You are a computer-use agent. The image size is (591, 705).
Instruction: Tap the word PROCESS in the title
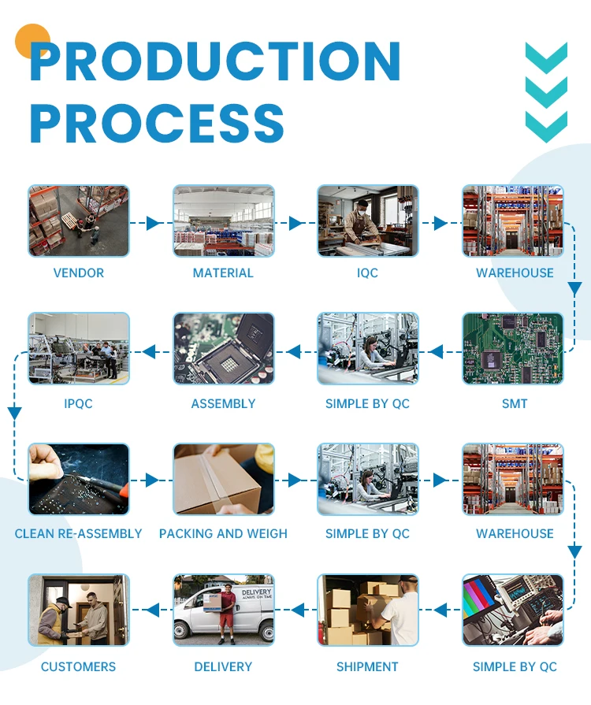pyautogui.click(x=157, y=123)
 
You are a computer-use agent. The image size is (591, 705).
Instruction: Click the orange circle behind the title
pyautogui.click(x=32, y=42)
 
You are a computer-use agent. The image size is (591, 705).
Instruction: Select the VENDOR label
pyautogui.click(x=79, y=273)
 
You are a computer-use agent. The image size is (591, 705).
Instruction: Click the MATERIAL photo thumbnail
pyautogui.click(x=224, y=221)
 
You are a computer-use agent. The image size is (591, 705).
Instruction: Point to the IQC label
pyautogui.click(x=367, y=273)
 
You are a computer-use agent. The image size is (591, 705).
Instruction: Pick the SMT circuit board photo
pyautogui.click(x=513, y=349)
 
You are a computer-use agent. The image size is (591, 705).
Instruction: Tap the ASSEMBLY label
pyautogui.click(x=224, y=404)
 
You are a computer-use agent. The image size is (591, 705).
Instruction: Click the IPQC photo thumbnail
pyautogui.click(x=79, y=349)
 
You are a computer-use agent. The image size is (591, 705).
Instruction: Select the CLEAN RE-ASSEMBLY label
pyautogui.click(x=79, y=534)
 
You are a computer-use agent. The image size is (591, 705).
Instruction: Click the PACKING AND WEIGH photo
pyautogui.click(x=224, y=479)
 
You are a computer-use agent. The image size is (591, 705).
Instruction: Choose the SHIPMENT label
pyautogui.click(x=367, y=667)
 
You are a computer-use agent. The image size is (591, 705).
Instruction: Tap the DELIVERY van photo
pyautogui.click(x=224, y=610)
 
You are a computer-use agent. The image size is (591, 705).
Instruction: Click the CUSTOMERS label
pyautogui.click(x=79, y=667)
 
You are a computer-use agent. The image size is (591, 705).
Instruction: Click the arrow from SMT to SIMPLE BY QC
pyautogui.click(x=440, y=351)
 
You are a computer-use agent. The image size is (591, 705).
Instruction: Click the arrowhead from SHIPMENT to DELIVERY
pyautogui.click(x=297, y=609)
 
